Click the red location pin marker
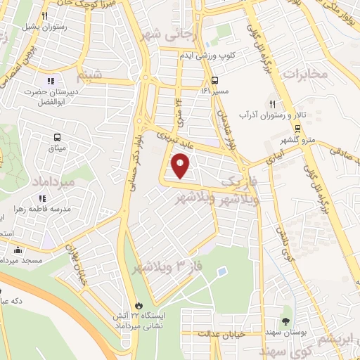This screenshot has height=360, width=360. [x=181, y=166]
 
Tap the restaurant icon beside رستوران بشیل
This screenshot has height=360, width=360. [x=44, y=15]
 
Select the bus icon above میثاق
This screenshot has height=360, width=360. [x=56, y=137]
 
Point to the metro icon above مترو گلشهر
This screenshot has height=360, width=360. [x=297, y=128]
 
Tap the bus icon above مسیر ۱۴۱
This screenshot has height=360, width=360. [x=214, y=79]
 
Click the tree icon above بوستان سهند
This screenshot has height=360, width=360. [x=287, y=320]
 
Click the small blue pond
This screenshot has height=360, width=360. [x=221, y=271]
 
